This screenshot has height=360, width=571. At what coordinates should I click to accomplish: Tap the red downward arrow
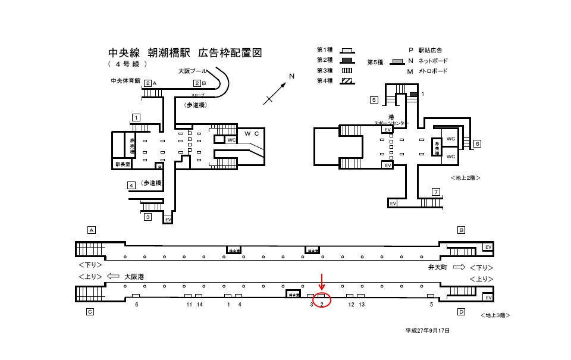(x=322, y=282)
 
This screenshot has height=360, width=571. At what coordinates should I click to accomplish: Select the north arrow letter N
(x=291, y=76)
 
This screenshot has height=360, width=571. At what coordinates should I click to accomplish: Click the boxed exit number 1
(x=136, y=117)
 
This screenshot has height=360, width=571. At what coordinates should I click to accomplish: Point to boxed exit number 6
(x=477, y=143)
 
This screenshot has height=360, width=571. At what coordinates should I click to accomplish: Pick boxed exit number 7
(x=436, y=192)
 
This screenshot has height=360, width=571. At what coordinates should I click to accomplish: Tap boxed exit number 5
(x=374, y=100)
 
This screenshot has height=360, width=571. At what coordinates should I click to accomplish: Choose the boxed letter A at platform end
(x=92, y=230)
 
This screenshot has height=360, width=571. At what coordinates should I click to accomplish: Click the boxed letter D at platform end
(x=461, y=311)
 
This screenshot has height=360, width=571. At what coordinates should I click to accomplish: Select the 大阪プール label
(x=193, y=71)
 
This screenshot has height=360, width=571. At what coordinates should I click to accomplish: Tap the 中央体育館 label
(x=125, y=80)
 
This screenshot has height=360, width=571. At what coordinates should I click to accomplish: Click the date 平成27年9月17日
(x=428, y=330)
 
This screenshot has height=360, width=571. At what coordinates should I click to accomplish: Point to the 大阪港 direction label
(x=134, y=277)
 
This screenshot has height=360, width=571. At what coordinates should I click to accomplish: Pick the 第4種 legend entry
(x=325, y=80)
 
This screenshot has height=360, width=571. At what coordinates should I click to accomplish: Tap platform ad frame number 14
(x=200, y=305)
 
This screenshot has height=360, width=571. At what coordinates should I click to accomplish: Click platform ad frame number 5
(x=431, y=305)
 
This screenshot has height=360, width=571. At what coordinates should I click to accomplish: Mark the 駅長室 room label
(x=122, y=164)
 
